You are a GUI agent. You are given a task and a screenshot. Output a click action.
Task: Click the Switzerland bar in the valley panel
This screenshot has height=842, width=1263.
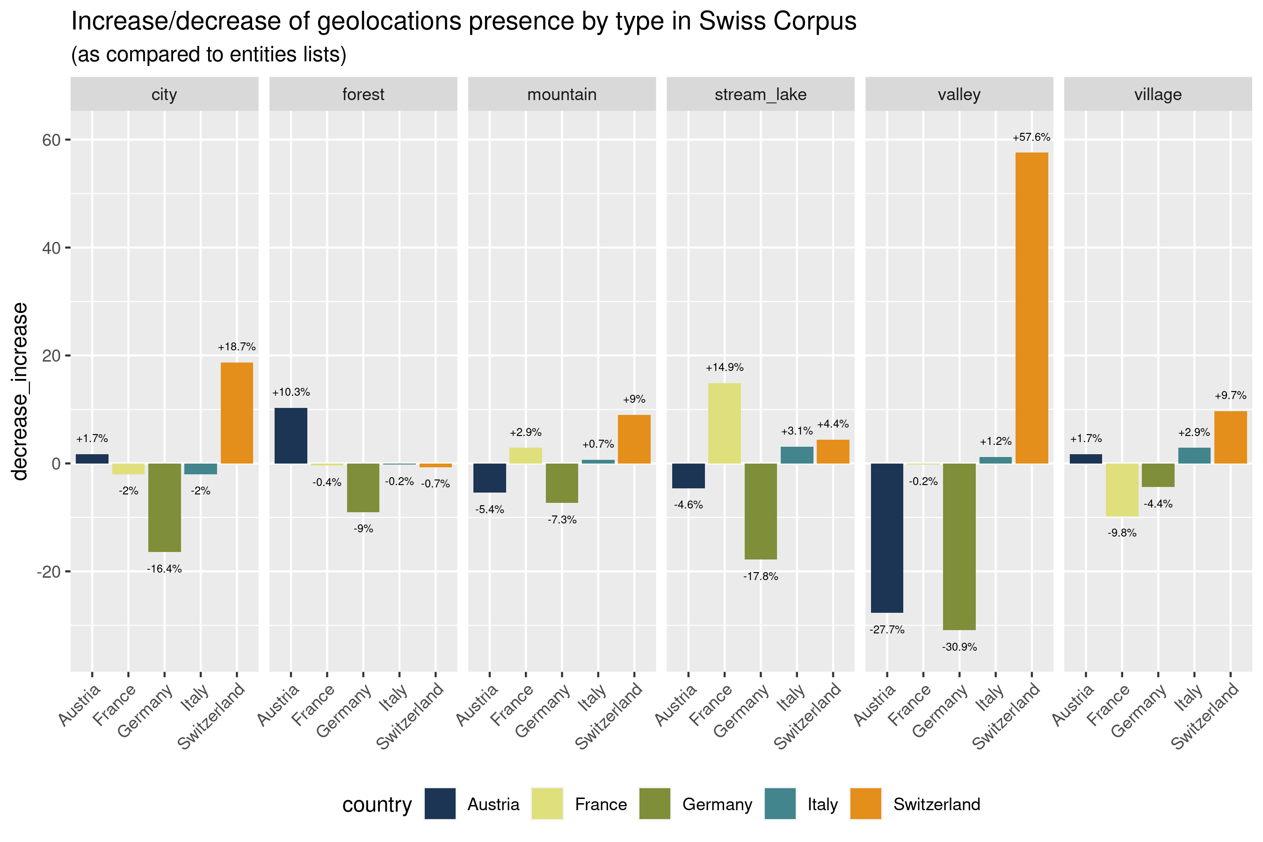point(1031,308)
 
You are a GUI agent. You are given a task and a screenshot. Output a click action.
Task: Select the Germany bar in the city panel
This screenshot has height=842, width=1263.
point(164,508)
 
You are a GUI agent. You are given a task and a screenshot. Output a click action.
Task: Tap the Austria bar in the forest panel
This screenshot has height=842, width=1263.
point(290,436)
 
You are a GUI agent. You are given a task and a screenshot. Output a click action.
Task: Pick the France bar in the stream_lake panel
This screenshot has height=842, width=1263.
point(725,423)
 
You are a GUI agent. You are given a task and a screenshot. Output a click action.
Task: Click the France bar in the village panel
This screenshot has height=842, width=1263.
point(1122,490)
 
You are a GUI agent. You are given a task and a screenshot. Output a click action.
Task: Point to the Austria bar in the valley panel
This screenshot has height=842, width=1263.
point(886,537)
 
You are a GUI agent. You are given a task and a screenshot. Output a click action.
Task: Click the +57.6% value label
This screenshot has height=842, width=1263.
point(1031,138)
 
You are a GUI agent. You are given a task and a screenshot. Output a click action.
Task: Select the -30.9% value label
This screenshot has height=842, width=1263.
point(959,647)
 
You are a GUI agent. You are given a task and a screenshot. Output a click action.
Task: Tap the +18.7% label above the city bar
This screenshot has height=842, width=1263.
point(237,347)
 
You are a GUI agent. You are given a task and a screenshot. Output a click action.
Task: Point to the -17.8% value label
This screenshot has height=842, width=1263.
point(761,576)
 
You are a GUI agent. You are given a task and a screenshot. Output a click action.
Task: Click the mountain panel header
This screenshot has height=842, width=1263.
point(562,94)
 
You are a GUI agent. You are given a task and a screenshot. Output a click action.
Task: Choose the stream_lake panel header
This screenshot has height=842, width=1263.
point(761,94)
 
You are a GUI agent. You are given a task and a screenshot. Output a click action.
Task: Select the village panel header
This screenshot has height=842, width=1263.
point(1158,94)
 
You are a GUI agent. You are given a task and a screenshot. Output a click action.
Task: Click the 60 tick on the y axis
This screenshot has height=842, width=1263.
point(51,140)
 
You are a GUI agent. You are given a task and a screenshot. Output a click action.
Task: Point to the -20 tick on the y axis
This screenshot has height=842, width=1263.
point(48,571)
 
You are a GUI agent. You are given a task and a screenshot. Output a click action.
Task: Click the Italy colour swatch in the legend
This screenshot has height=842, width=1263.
point(780,804)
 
